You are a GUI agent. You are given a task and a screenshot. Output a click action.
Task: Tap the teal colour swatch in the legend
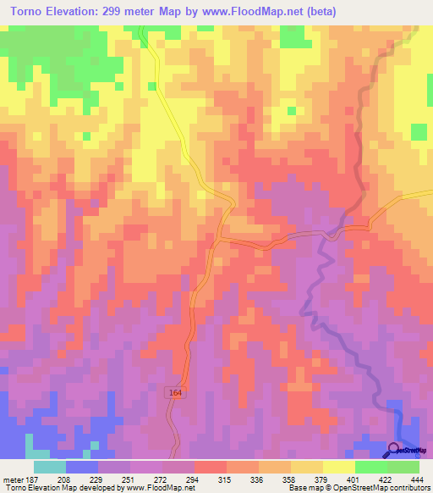[x=49, y=467]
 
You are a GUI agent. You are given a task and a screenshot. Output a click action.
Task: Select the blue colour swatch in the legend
[x=81, y=467]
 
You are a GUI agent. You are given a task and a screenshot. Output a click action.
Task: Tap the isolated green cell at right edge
[x=419, y=131]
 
